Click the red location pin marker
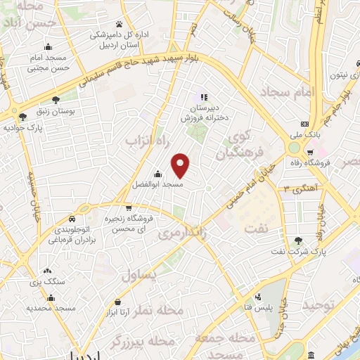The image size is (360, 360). pos(181,165)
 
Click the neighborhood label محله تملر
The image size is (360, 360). pos(163,310)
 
